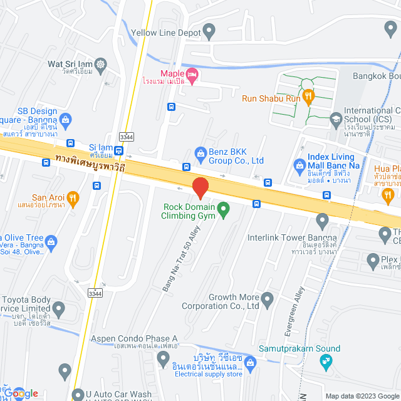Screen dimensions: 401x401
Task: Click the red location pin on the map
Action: pos(200,187)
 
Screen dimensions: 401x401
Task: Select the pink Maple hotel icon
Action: pos(193,75)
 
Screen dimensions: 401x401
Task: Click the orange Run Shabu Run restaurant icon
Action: pos(308,96)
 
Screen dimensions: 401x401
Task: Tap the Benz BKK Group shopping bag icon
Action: pos(200,152)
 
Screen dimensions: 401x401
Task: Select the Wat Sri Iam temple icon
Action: pos(101,63)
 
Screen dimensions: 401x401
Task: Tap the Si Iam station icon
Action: pos(70,143)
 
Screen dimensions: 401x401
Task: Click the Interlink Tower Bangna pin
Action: pos(322,219)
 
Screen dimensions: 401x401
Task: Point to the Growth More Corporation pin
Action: pos(268,297)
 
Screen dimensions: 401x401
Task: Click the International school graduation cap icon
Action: pos(336,117)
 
